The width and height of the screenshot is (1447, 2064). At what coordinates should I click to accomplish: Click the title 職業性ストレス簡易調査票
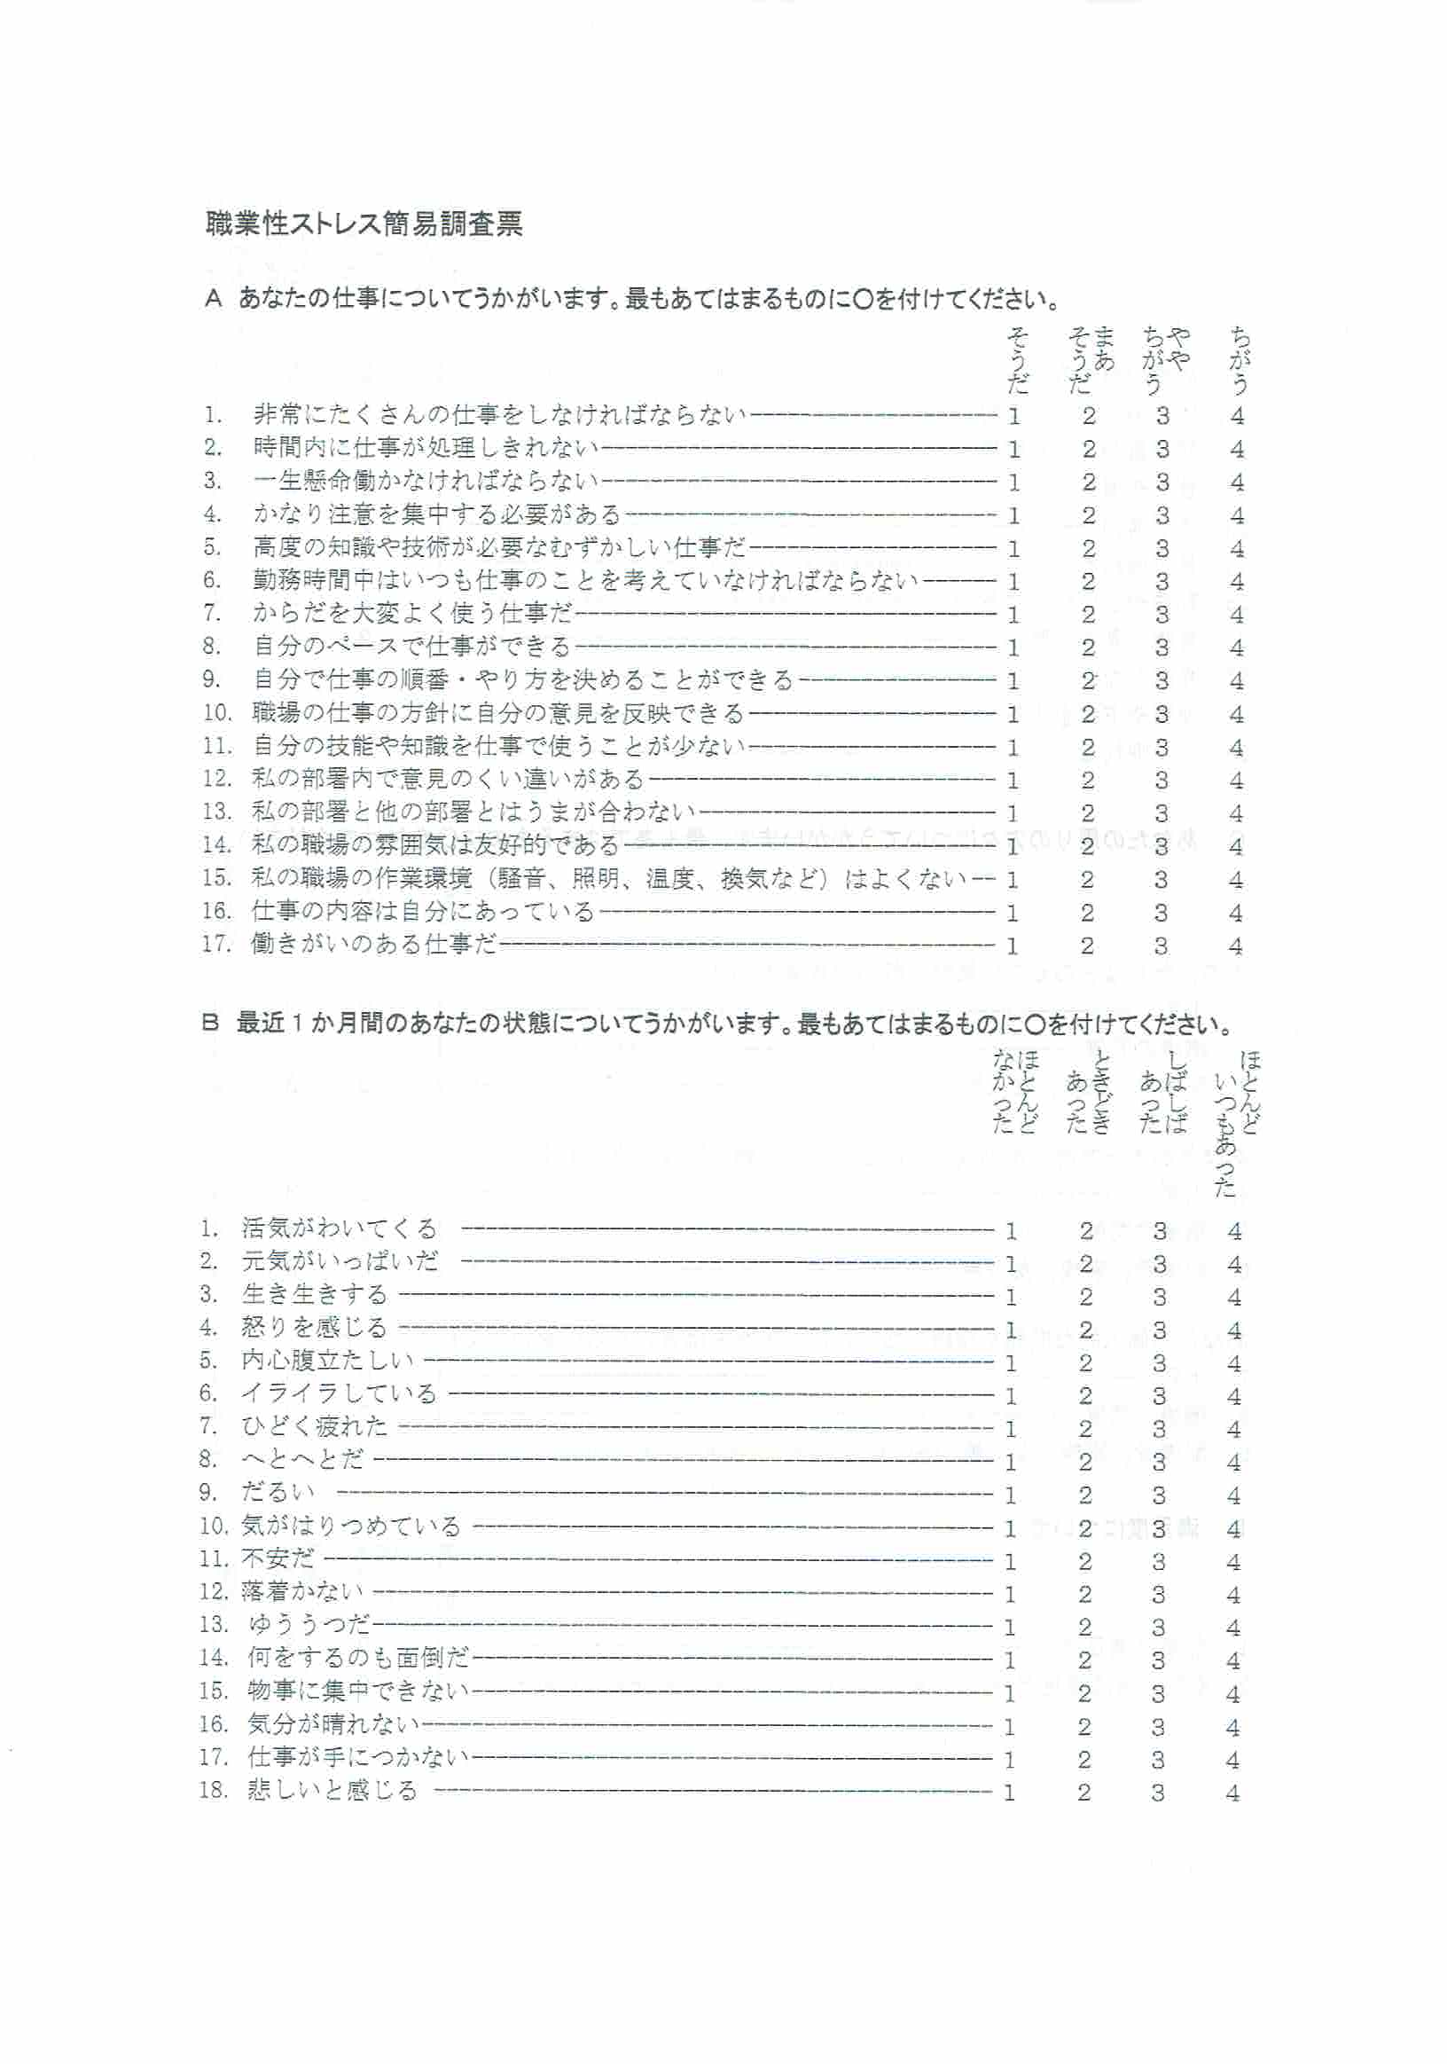coord(364,223)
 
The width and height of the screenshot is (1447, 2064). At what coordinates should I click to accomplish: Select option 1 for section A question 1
coord(1013,416)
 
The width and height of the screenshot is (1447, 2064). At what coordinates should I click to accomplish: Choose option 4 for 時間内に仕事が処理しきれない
coord(1237,450)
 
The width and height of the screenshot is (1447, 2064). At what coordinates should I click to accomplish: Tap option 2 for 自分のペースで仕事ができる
coord(1089,648)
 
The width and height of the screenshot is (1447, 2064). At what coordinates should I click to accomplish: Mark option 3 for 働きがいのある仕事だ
coord(1162,946)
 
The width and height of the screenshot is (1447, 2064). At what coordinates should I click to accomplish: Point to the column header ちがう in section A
coord(1240,361)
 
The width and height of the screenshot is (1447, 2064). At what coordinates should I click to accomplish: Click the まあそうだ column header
coord(1091,359)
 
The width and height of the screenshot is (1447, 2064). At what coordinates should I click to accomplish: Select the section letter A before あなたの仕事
coord(213,299)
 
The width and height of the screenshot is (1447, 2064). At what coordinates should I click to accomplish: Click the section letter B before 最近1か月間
coord(210,1023)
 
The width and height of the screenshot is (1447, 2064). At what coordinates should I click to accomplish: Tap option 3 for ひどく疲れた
coord(1160,1429)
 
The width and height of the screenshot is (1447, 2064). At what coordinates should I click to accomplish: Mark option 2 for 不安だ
coord(1084,1561)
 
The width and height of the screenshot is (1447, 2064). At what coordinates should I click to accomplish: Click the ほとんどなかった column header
coord(1014,1091)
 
